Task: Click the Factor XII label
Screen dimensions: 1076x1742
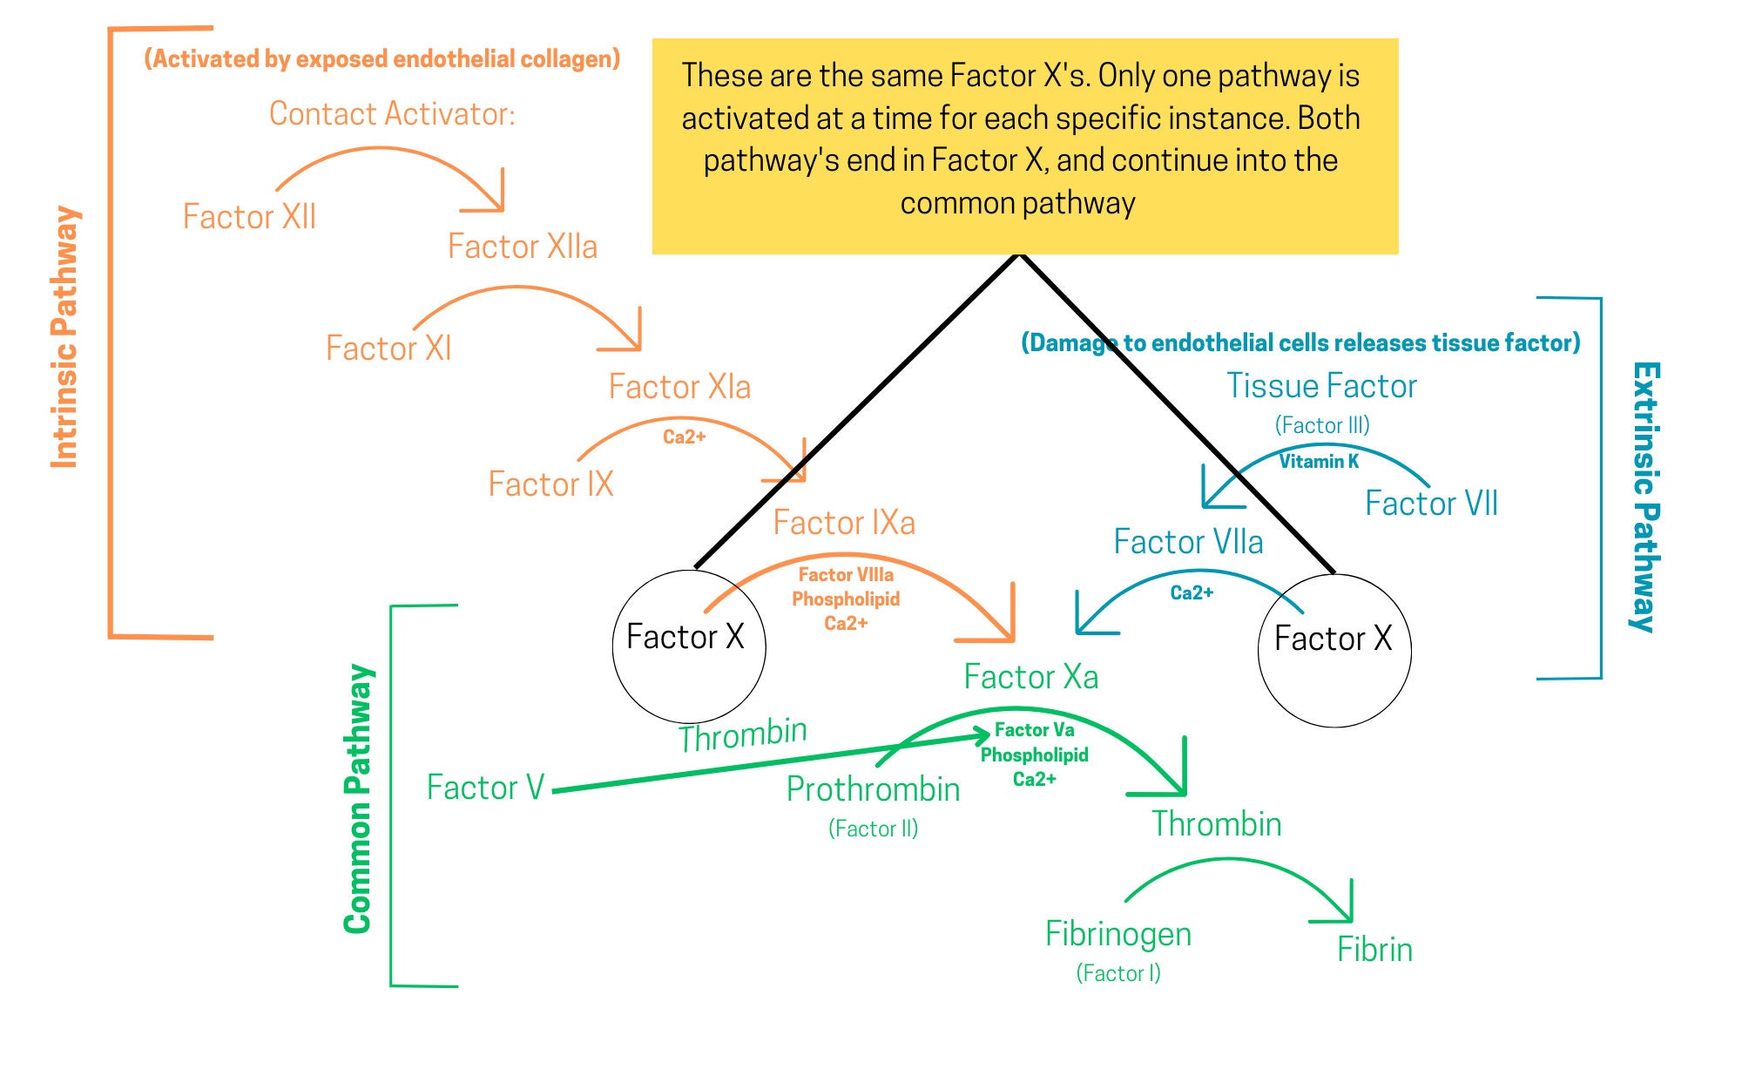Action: coord(249,216)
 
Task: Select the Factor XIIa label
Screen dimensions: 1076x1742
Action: coord(523,247)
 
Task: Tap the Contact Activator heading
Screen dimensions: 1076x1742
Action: coord(392,113)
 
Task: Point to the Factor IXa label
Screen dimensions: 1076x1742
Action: coord(844,523)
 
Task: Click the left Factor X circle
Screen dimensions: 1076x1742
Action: coord(688,646)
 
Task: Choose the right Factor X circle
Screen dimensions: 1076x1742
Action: coord(1334,650)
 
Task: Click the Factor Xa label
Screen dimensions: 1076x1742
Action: coord(1030,677)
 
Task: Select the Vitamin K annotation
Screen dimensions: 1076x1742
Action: coord(1319,462)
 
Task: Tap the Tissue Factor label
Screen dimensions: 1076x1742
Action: coord(1321,386)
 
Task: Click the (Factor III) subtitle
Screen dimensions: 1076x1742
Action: coord(1322,425)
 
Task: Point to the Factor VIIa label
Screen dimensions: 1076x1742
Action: coord(1188,542)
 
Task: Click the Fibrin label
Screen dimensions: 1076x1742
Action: coord(1374,950)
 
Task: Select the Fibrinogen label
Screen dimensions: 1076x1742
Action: coord(1118,934)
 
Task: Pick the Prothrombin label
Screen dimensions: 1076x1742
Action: coord(873,789)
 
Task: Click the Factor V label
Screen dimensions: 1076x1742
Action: coord(485,788)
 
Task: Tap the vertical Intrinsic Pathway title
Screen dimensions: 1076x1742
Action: coord(64,338)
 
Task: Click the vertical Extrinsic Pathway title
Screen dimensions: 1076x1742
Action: coord(1644,497)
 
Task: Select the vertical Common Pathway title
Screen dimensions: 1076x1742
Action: coord(358,799)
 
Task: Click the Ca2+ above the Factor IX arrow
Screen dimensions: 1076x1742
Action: coord(684,437)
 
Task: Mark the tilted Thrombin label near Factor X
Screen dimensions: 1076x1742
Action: coord(743,734)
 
